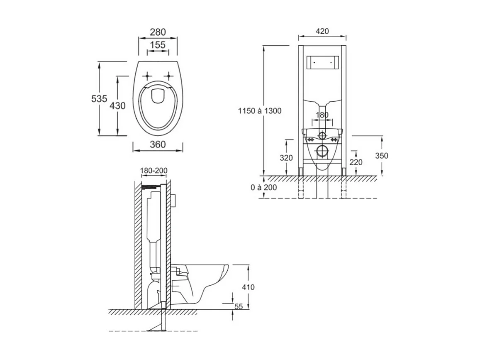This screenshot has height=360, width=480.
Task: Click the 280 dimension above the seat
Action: point(158,32)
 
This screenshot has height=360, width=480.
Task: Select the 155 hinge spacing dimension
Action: point(158,45)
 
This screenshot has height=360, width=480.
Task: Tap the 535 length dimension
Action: point(99,99)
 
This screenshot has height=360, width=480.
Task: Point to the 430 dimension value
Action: point(117,106)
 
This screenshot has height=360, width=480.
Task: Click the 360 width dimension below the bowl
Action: point(158,144)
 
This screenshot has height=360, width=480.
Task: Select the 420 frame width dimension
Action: point(322,31)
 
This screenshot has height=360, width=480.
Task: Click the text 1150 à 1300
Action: point(260,111)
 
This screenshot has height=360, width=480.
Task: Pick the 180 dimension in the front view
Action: point(322,115)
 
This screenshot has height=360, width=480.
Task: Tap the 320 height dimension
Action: point(286,158)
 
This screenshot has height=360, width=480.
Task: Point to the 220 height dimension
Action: point(356,162)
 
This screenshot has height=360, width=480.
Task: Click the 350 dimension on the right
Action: point(382,156)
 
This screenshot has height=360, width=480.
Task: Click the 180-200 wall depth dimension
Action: point(154,171)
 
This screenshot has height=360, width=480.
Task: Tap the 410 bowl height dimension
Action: point(248,287)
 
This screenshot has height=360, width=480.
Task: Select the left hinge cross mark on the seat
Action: point(147,76)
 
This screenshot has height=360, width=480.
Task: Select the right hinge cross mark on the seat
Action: point(169,76)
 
